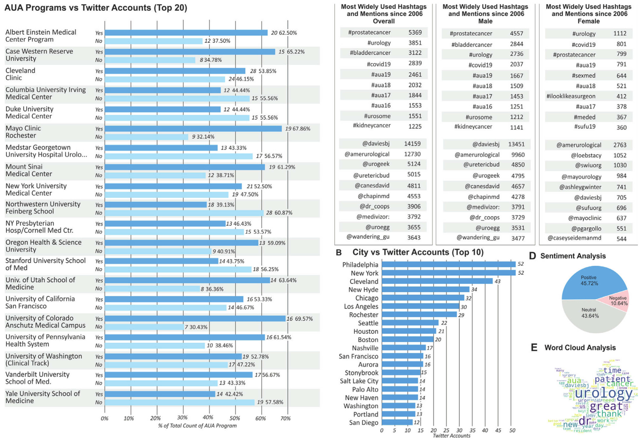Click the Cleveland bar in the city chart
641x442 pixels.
437,281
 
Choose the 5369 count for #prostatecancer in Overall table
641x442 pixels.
415,32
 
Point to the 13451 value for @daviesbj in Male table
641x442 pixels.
516,144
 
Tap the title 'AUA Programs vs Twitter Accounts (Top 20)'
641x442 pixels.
96,8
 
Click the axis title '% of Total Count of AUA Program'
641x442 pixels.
197,426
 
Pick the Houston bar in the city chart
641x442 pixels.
409,331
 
